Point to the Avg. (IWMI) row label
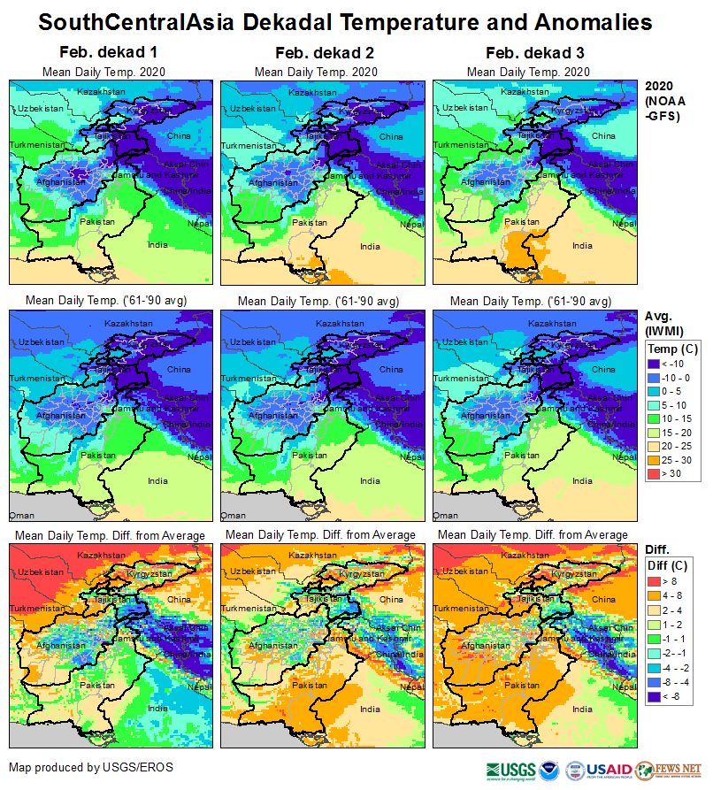(x=663, y=324)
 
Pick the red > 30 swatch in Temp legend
(x=655, y=473)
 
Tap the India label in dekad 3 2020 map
(x=582, y=245)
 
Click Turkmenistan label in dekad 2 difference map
(x=250, y=608)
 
